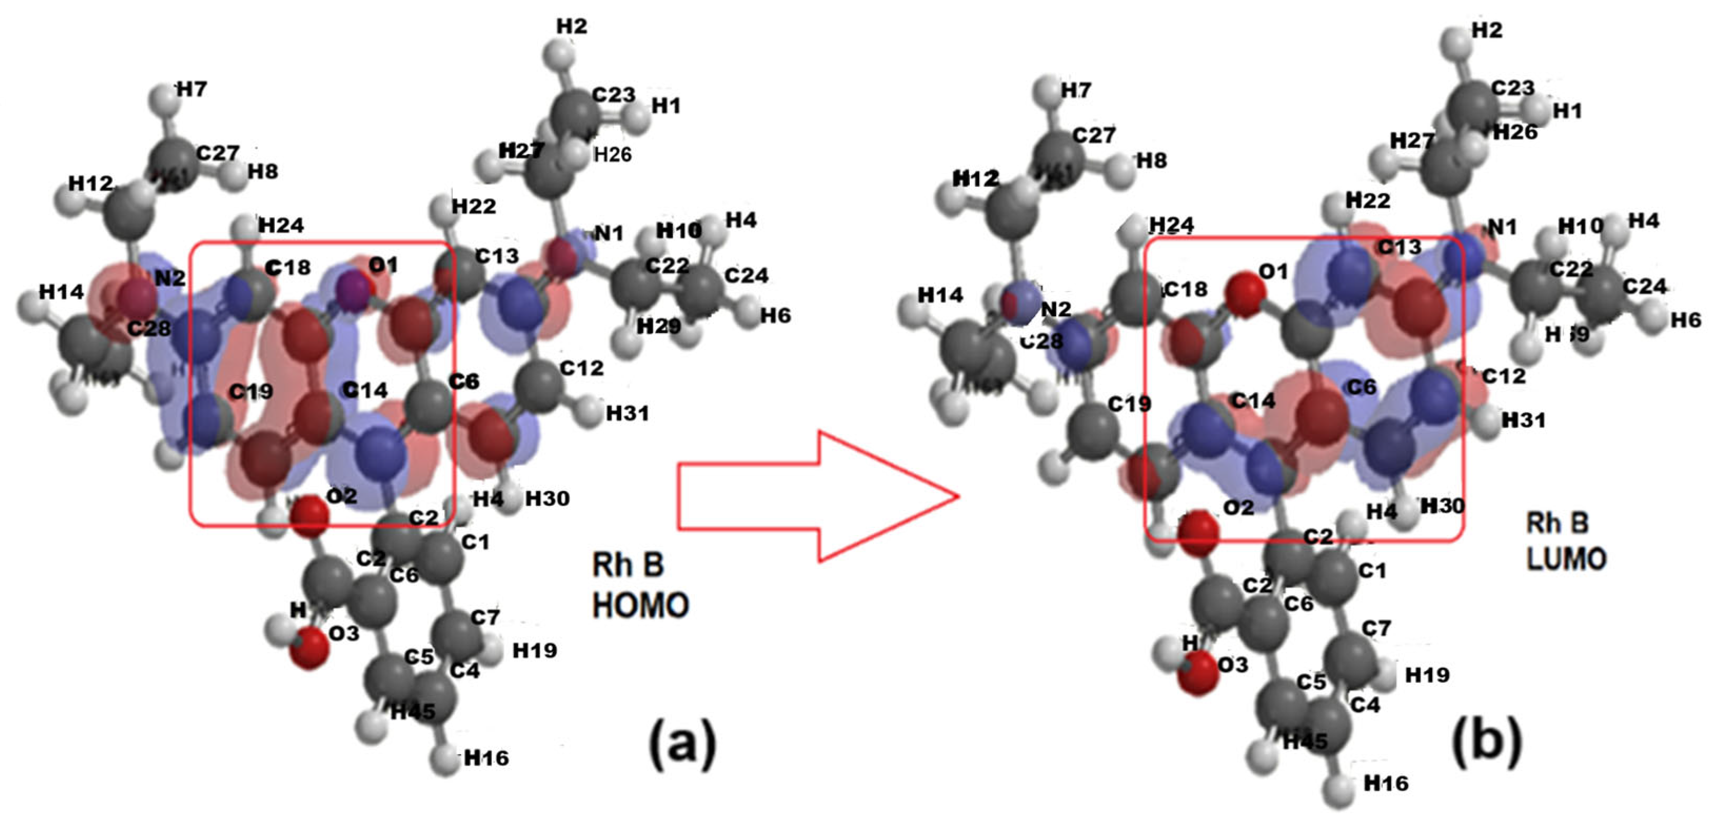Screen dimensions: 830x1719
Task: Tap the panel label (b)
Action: click(1487, 740)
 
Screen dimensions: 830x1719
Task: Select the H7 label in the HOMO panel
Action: click(192, 89)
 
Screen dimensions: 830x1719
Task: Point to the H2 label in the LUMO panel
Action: click(1487, 30)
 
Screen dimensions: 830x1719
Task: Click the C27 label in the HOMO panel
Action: click(217, 153)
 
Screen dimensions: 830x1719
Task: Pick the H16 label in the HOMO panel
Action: click(486, 757)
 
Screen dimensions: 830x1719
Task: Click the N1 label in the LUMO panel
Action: click(1502, 227)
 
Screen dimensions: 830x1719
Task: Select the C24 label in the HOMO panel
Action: click(747, 275)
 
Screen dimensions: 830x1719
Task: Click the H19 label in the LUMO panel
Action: click(1427, 675)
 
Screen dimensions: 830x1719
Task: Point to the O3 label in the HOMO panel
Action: click(344, 633)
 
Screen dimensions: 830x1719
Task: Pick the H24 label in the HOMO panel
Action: click(281, 225)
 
